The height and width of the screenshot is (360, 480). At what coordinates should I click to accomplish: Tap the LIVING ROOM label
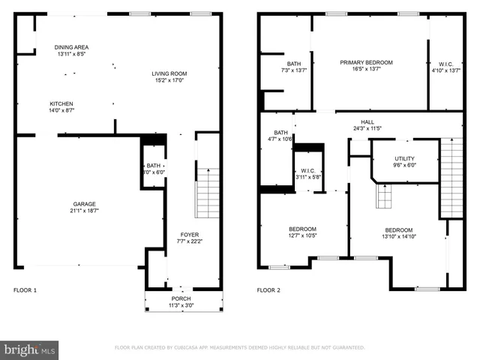coord(169,73)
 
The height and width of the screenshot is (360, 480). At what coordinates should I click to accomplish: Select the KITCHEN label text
coord(61,103)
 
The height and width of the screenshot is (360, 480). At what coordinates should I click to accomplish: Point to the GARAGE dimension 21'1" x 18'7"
coord(84,210)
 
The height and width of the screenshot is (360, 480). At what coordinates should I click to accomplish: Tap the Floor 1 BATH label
coord(153,166)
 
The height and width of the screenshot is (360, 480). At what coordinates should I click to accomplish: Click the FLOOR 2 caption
coord(268,290)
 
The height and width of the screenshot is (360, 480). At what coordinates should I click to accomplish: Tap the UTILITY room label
coord(405,159)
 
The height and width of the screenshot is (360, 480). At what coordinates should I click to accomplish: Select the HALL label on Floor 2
coord(367,121)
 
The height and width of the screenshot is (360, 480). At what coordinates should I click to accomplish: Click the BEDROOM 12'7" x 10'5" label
coord(302,229)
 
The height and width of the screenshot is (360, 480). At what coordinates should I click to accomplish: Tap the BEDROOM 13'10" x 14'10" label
coord(398,230)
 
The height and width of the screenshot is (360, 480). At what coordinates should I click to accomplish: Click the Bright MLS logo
coord(30,349)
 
